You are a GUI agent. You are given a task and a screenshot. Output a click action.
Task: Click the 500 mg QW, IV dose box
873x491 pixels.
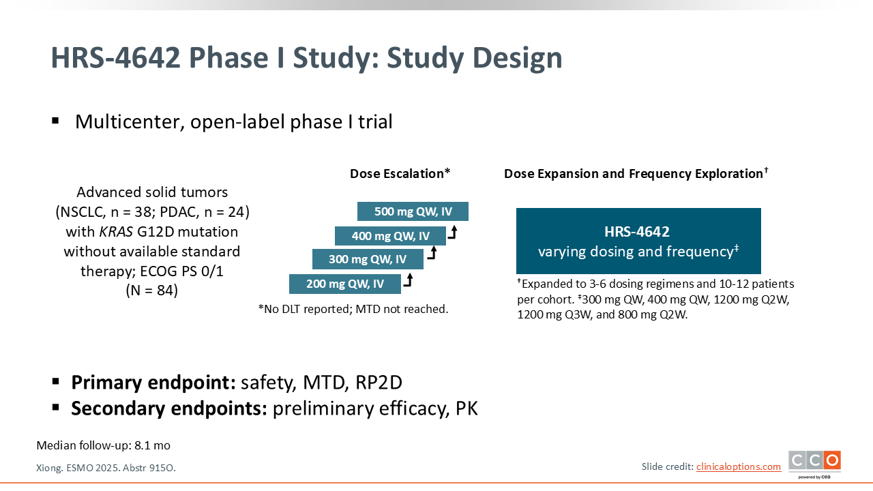click(x=413, y=211)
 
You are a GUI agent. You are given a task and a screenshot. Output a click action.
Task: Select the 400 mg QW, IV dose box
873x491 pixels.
click(x=390, y=236)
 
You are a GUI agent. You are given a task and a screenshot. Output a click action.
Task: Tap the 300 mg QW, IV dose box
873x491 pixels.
click(x=368, y=259)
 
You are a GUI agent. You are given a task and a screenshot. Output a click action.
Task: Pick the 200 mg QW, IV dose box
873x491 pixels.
click(x=345, y=284)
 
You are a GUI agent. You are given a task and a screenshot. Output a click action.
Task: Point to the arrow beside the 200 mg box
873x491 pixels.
click(x=408, y=280)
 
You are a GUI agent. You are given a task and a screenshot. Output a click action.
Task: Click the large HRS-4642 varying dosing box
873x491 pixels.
click(x=638, y=241)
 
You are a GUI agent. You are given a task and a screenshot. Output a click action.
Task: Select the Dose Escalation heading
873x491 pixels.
click(x=400, y=173)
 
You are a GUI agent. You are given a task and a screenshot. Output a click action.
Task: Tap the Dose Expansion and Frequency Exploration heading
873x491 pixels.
click(x=636, y=173)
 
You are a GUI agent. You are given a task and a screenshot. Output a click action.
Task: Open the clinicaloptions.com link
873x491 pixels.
click(x=739, y=466)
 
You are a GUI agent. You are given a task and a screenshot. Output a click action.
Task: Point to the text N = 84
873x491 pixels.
click(x=151, y=291)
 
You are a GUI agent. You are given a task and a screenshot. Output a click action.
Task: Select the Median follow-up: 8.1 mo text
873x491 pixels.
click(x=103, y=445)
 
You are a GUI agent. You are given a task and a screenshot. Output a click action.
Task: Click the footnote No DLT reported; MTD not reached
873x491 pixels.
click(x=353, y=309)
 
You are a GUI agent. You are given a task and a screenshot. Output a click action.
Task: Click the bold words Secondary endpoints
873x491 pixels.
click(x=169, y=408)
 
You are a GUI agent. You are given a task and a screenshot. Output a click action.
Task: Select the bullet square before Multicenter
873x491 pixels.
click(x=55, y=121)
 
